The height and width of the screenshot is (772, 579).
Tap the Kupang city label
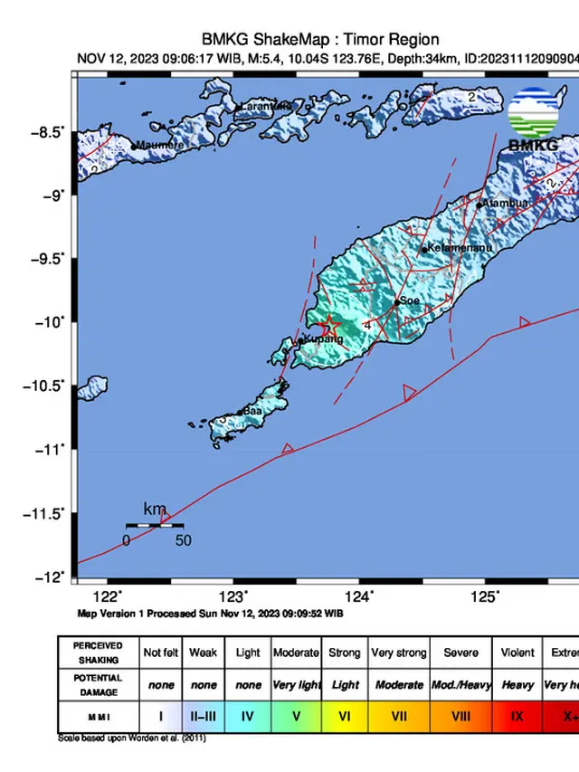[x=323, y=339]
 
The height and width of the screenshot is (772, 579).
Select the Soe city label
[x=411, y=300]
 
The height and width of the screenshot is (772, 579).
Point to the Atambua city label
[x=506, y=204]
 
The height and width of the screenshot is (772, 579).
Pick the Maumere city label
[x=160, y=145]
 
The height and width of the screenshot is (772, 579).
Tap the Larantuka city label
[x=265, y=107]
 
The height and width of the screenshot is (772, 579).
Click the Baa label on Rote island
[x=252, y=411]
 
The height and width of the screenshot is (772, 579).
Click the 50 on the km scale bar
[x=183, y=540]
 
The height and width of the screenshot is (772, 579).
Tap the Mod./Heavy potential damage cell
[x=461, y=685]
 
